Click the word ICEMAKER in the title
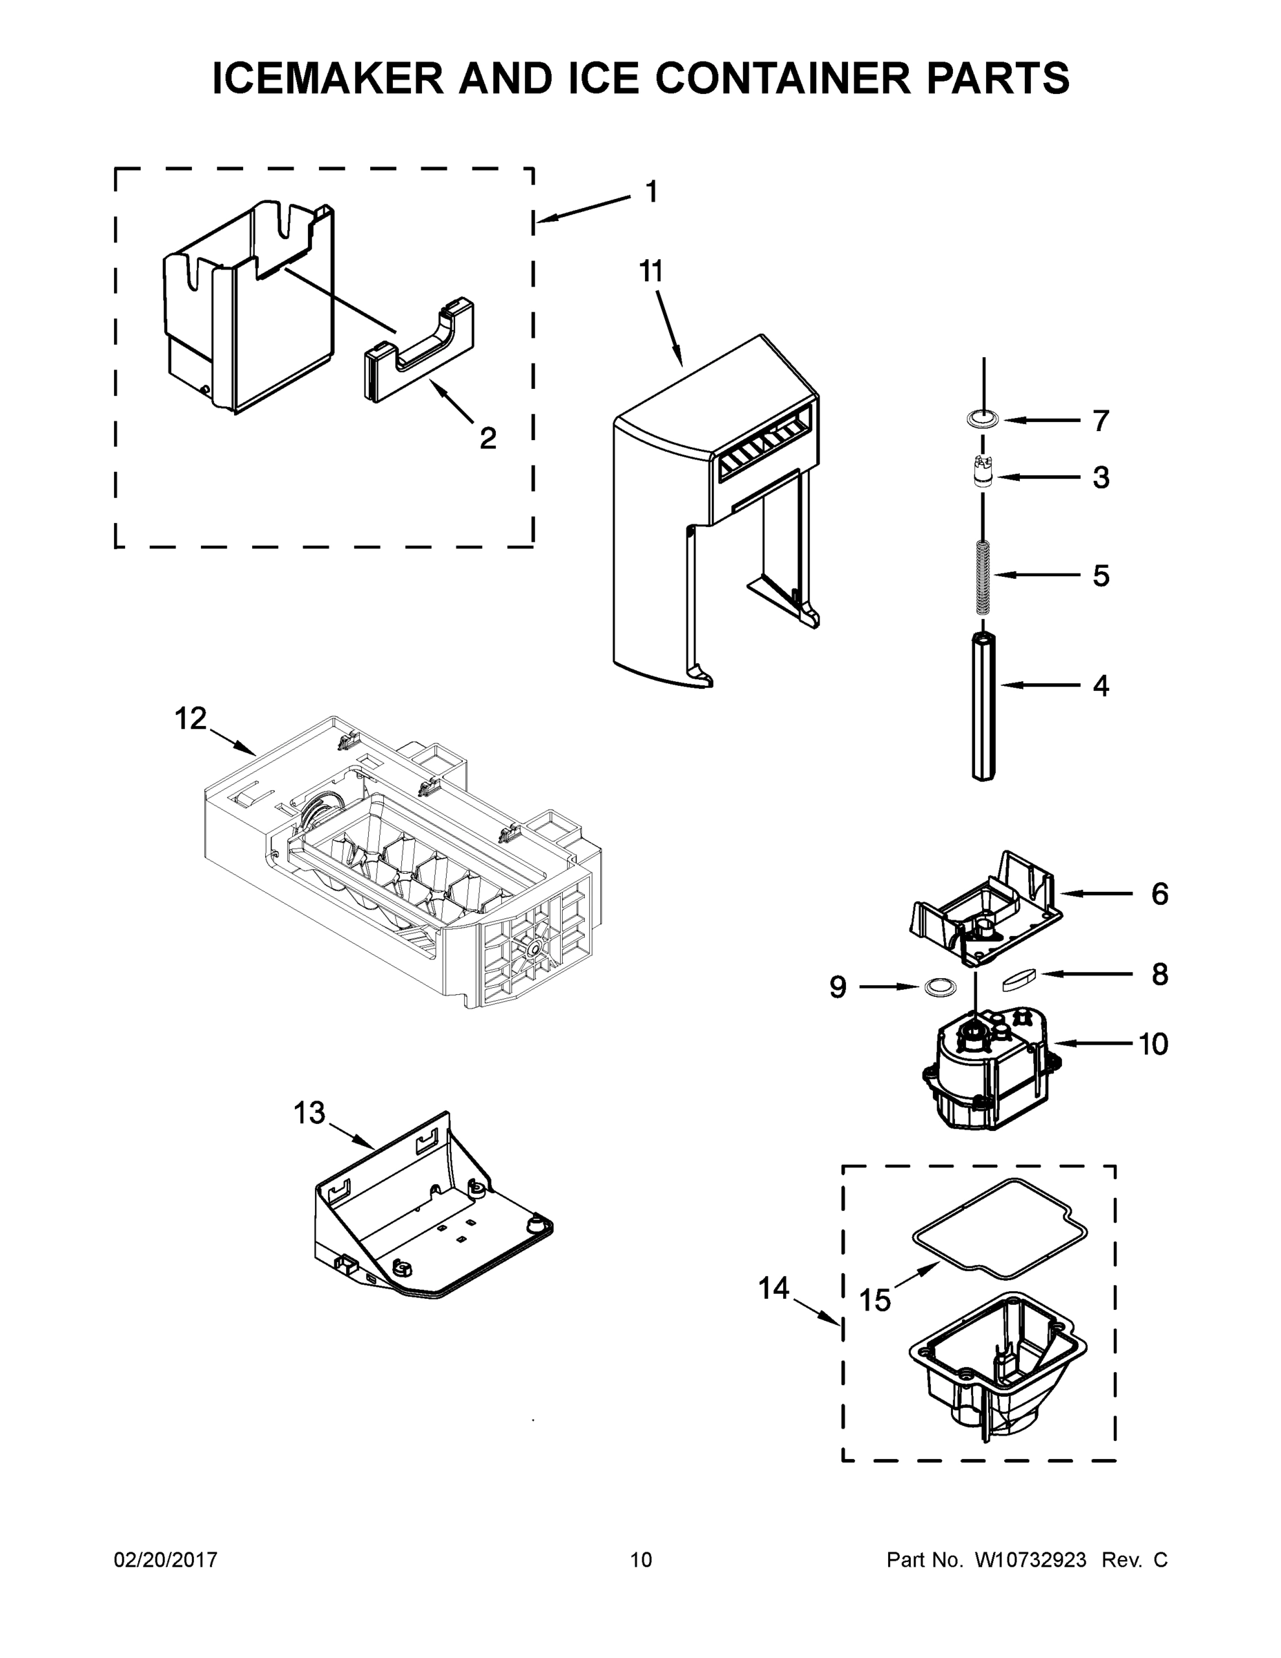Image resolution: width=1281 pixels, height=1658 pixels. coord(328,79)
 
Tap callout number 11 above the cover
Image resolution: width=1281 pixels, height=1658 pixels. coord(651,271)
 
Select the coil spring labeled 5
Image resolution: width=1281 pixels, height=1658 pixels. coord(983,577)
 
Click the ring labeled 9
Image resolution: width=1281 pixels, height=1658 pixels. coord(938,987)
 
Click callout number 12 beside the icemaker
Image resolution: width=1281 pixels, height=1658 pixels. coord(191,717)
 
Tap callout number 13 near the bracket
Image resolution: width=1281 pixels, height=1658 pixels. coord(309,1113)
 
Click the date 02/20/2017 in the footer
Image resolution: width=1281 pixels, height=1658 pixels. coord(166,1560)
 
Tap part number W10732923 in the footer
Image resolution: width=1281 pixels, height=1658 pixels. coord(1030,1560)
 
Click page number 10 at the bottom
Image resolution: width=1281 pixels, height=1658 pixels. coord(641,1560)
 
